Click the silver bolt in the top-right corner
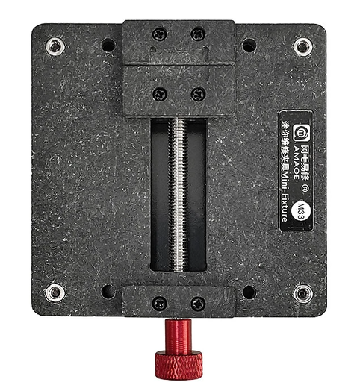pyautogui.click(x=302, y=46)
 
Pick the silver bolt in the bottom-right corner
pyautogui.click(x=302, y=292)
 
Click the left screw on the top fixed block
pyautogui.click(x=159, y=34)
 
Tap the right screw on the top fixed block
pyautogui.click(x=198, y=34)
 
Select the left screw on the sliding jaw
pyautogui.click(x=159, y=94)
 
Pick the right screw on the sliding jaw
pyautogui.click(x=198, y=94)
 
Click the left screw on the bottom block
pyautogui.click(x=159, y=304)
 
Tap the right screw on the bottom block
pyautogui.click(x=198, y=304)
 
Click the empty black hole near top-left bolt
pyautogui.click(x=108, y=46)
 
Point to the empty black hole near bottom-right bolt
pyautogui.click(x=249, y=292)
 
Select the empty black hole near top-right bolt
pyautogui.click(x=249, y=46)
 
